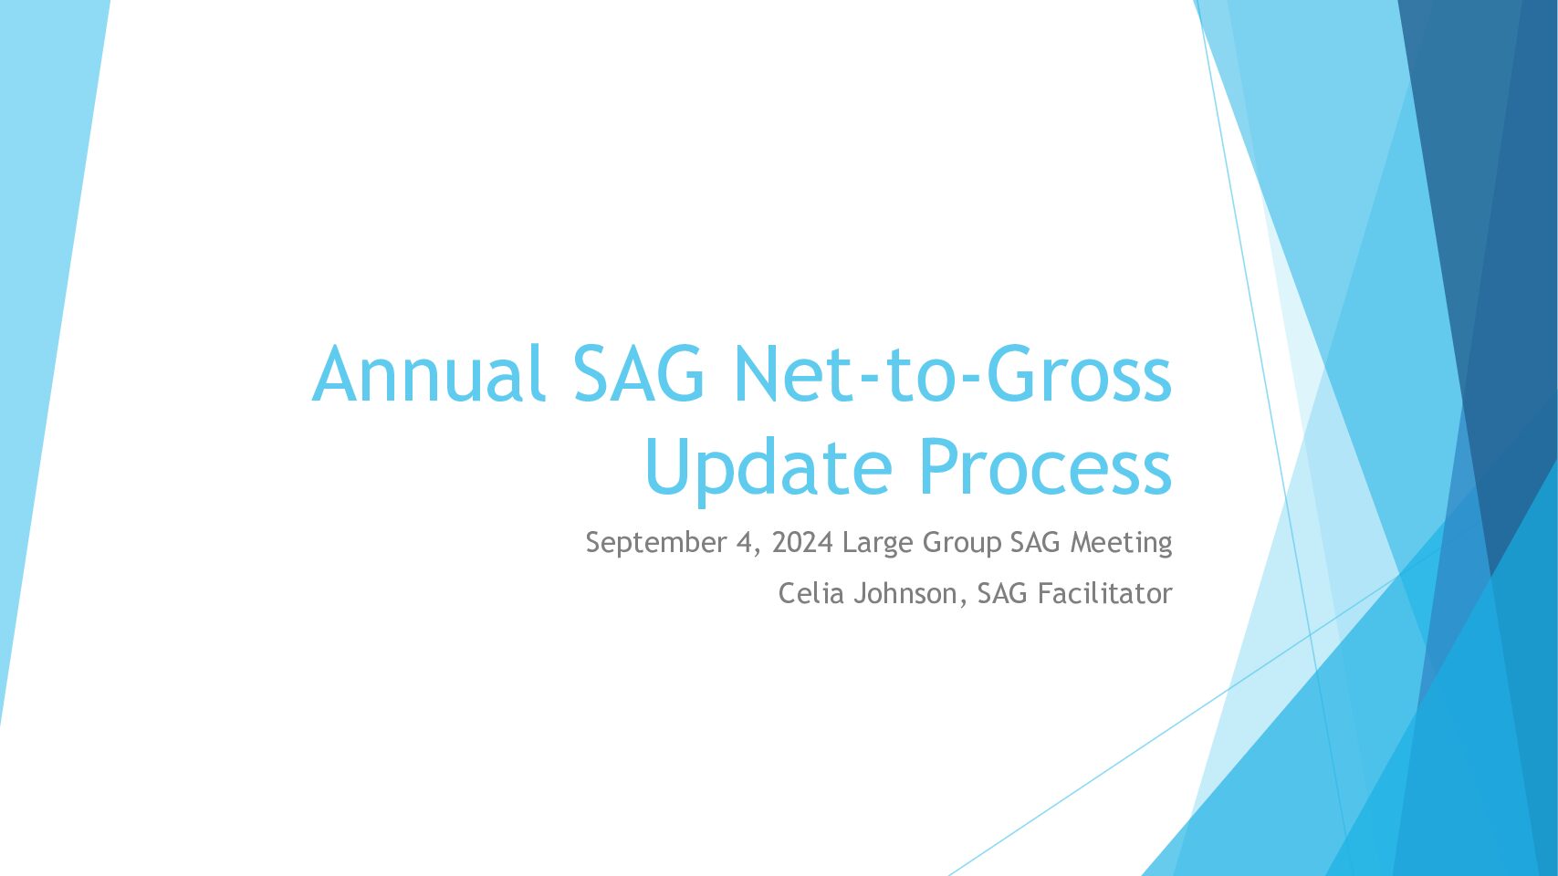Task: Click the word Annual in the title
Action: tap(428, 374)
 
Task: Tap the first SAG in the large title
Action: tap(639, 374)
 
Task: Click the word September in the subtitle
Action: tap(656, 543)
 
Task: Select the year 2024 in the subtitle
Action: tap(802, 542)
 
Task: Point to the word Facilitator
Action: tap(1105, 594)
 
